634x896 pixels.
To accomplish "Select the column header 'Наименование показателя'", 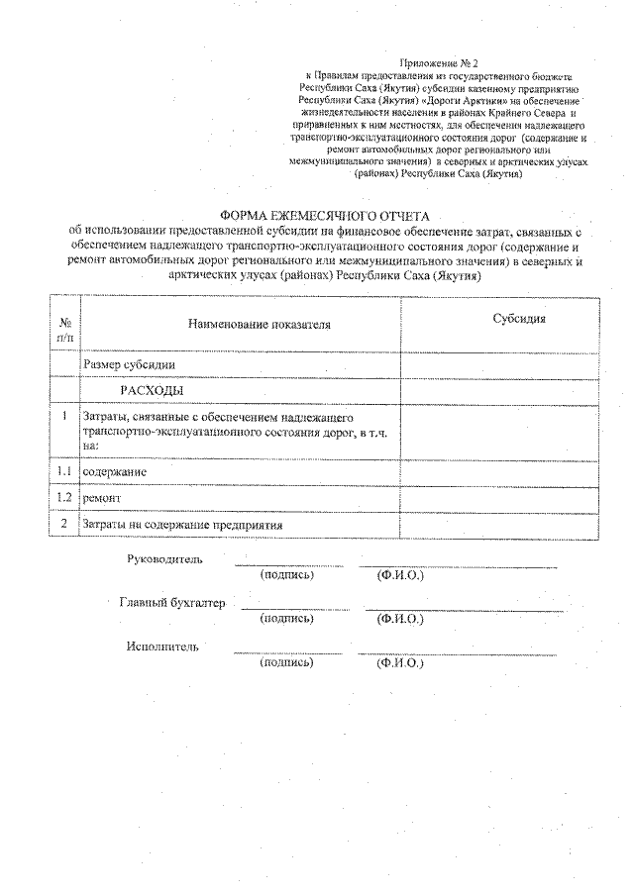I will [255, 324].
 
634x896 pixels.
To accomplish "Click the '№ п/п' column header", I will [64, 331].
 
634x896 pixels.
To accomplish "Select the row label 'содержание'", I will [116, 472].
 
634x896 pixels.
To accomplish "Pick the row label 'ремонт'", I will [104, 498].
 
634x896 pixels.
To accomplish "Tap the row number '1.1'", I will [64, 471].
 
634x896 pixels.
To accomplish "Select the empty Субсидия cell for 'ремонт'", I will [499, 498].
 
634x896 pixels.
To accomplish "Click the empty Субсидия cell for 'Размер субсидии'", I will [499, 364].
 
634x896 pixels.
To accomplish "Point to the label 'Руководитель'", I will [165, 559].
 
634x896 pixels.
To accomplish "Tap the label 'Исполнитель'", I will [162, 647].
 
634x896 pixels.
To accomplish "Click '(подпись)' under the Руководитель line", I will [286, 575].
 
